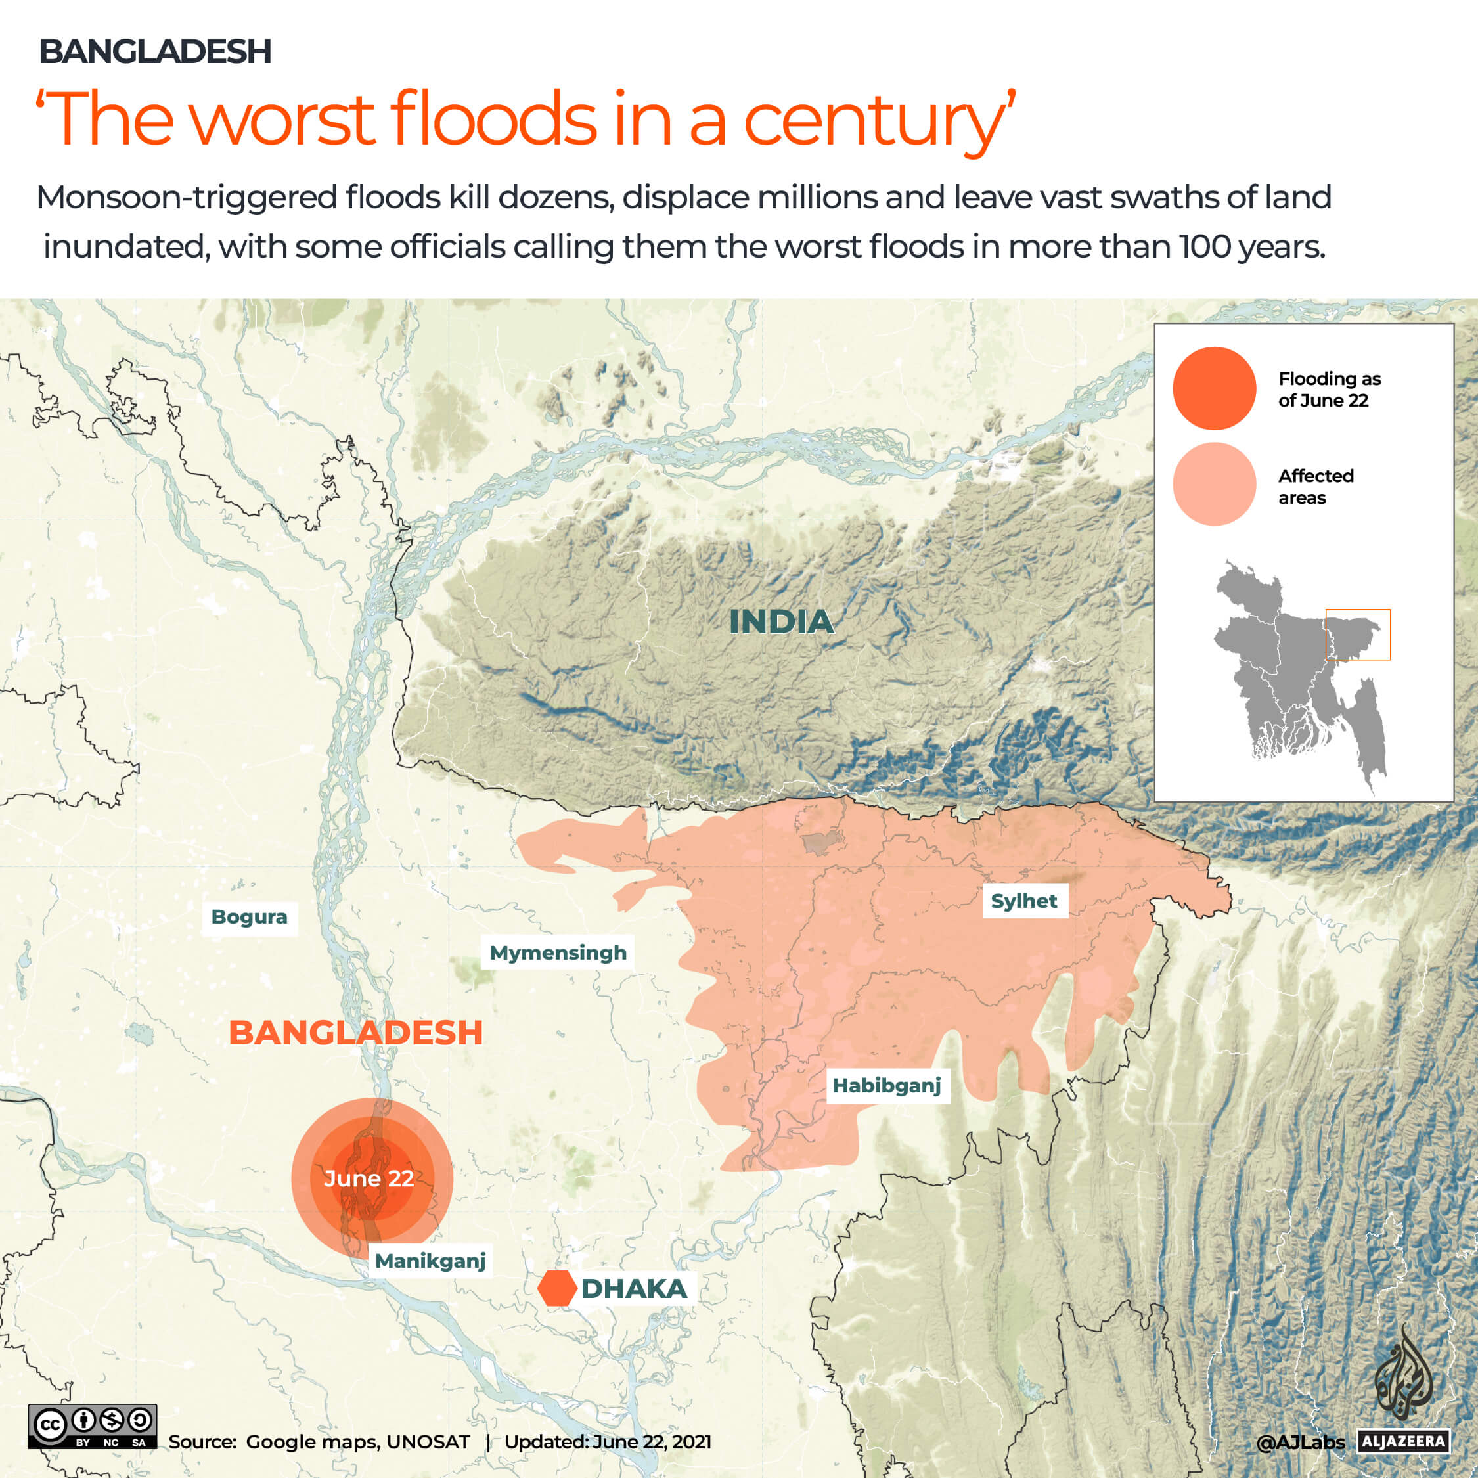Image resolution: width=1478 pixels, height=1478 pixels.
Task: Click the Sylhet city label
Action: (x=1023, y=901)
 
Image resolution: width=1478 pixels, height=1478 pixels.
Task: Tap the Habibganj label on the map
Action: (x=887, y=1086)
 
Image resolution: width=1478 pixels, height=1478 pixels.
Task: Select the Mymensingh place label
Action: (x=558, y=953)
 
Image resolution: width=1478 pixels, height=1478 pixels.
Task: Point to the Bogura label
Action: (x=250, y=916)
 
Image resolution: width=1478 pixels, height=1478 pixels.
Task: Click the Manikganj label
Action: (x=430, y=1261)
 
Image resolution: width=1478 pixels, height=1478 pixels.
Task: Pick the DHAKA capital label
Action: (x=633, y=1289)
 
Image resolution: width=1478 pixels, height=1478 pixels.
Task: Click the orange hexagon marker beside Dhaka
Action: (x=557, y=1289)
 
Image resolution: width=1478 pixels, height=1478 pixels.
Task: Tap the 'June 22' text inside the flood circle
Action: (x=369, y=1178)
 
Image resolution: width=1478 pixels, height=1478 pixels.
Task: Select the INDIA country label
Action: (x=780, y=621)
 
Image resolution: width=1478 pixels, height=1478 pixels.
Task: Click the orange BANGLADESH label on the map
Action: (x=356, y=1033)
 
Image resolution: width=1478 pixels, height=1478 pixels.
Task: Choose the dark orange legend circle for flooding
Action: (x=1214, y=389)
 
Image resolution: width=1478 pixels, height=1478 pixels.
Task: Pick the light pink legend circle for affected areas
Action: (x=1214, y=484)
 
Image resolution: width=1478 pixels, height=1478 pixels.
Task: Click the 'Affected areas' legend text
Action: (x=1315, y=487)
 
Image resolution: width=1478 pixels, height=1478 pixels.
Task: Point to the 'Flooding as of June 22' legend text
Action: (x=1329, y=390)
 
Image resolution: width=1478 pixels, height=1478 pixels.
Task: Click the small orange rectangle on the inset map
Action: (x=1358, y=634)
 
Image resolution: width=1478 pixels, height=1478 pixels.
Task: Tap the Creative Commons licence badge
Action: (x=93, y=1426)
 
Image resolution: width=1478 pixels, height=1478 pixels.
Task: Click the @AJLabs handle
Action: (x=1300, y=1443)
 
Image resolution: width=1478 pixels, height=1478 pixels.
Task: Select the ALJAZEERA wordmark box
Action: (x=1404, y=1442)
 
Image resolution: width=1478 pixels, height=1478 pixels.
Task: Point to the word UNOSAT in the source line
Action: (x=428, y=1442)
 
